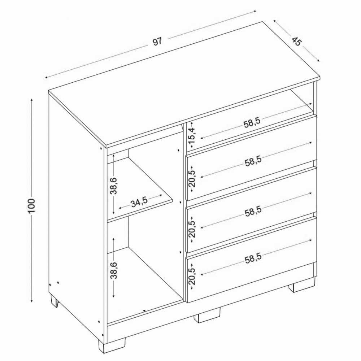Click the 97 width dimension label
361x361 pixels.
pos(158,42)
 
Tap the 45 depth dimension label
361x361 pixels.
pos(296,42)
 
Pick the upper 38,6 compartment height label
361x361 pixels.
pos(114,186)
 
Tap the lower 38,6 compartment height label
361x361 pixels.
pos(114,270)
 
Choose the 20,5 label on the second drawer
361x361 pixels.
pos(192,179)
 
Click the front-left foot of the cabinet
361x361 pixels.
pos(112,344)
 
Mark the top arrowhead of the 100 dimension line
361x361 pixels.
pos(32,100)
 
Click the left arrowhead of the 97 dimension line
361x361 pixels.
pos(47,77)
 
